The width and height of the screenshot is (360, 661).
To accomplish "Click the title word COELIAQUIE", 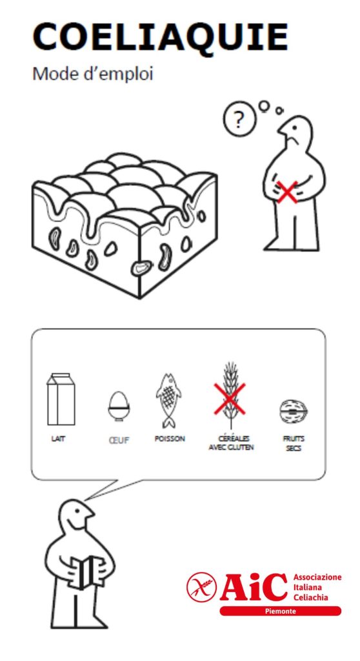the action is (x=160, y=37).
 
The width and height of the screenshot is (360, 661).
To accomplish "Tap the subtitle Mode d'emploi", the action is (x=93, y=74).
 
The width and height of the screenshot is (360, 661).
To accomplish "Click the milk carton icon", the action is (x=61, y=399).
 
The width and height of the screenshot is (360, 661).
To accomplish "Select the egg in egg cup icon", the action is (x=119, y=406).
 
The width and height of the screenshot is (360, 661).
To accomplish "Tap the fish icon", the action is (x=169, y=400).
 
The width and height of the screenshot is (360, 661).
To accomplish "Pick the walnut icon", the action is (x=294, y=412).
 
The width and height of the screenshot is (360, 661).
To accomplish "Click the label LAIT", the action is (x=58, y=439).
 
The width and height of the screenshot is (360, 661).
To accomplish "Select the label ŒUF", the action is (x=119, y=440).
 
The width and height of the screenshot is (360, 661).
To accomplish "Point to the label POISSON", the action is (x=170, y=439).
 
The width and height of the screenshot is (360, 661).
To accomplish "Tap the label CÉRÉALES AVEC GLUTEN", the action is (x=231, y=443).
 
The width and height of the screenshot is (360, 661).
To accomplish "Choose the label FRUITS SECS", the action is (x=294, y=443).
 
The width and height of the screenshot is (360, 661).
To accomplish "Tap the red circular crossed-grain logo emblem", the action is (x=201, y=587).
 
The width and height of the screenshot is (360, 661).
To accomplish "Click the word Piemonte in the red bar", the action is (x=281, y=611).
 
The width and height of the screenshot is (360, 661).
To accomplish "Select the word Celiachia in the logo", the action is (x=311, y=597).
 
